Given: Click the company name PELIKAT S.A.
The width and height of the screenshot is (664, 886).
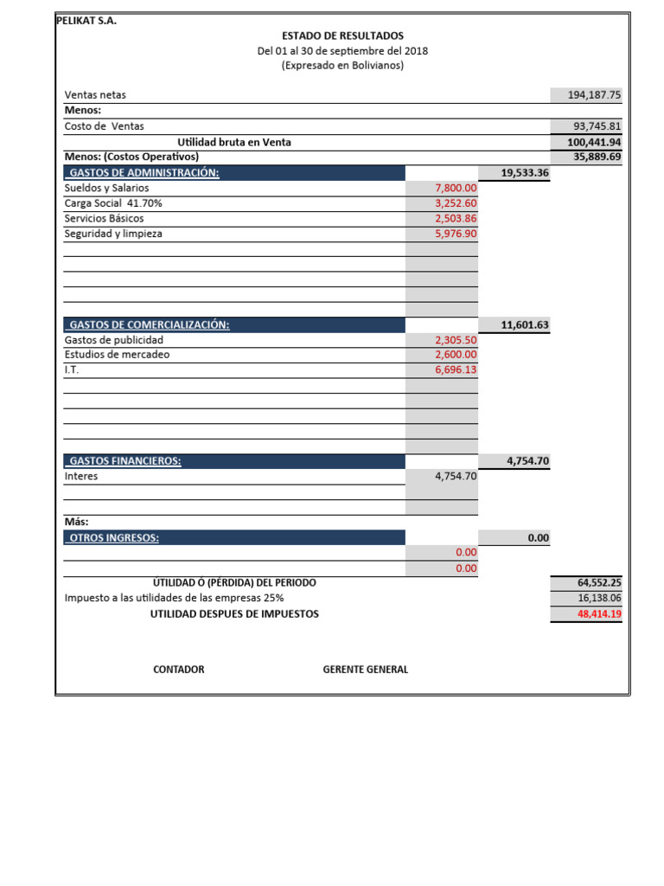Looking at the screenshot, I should (86, 22).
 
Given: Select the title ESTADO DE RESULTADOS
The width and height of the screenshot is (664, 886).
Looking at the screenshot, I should (342, 35).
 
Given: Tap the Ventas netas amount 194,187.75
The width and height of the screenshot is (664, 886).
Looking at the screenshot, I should (595, 95).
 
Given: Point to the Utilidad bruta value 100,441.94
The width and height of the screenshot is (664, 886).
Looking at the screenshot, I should (595, 142).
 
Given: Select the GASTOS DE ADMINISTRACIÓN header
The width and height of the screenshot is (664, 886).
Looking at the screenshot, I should (144, 172).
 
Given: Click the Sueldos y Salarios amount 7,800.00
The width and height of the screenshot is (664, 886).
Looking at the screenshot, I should (456, 188).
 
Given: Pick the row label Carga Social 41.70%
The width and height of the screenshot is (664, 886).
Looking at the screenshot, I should (113, 202).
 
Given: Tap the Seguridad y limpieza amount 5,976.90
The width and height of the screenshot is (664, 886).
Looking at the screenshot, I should (456, 234).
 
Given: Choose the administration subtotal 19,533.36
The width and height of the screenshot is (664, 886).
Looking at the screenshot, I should (525, 173).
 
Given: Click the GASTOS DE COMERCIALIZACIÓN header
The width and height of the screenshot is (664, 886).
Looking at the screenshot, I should (149, 325).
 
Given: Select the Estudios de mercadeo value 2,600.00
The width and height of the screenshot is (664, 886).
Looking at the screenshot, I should (456, 355).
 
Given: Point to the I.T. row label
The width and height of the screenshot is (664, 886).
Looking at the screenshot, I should (72, 369).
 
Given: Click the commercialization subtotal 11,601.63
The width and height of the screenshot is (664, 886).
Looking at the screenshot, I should (525, 325).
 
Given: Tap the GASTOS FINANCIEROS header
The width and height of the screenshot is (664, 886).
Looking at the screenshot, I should (124, 461).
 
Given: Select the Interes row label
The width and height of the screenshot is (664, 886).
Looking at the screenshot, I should (81, 476).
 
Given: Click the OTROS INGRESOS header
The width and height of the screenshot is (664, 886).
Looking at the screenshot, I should (114, 537).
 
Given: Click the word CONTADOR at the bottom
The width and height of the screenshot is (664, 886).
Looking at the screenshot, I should (179, 670).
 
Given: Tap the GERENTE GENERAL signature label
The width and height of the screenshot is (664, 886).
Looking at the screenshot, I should (365, 670).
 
